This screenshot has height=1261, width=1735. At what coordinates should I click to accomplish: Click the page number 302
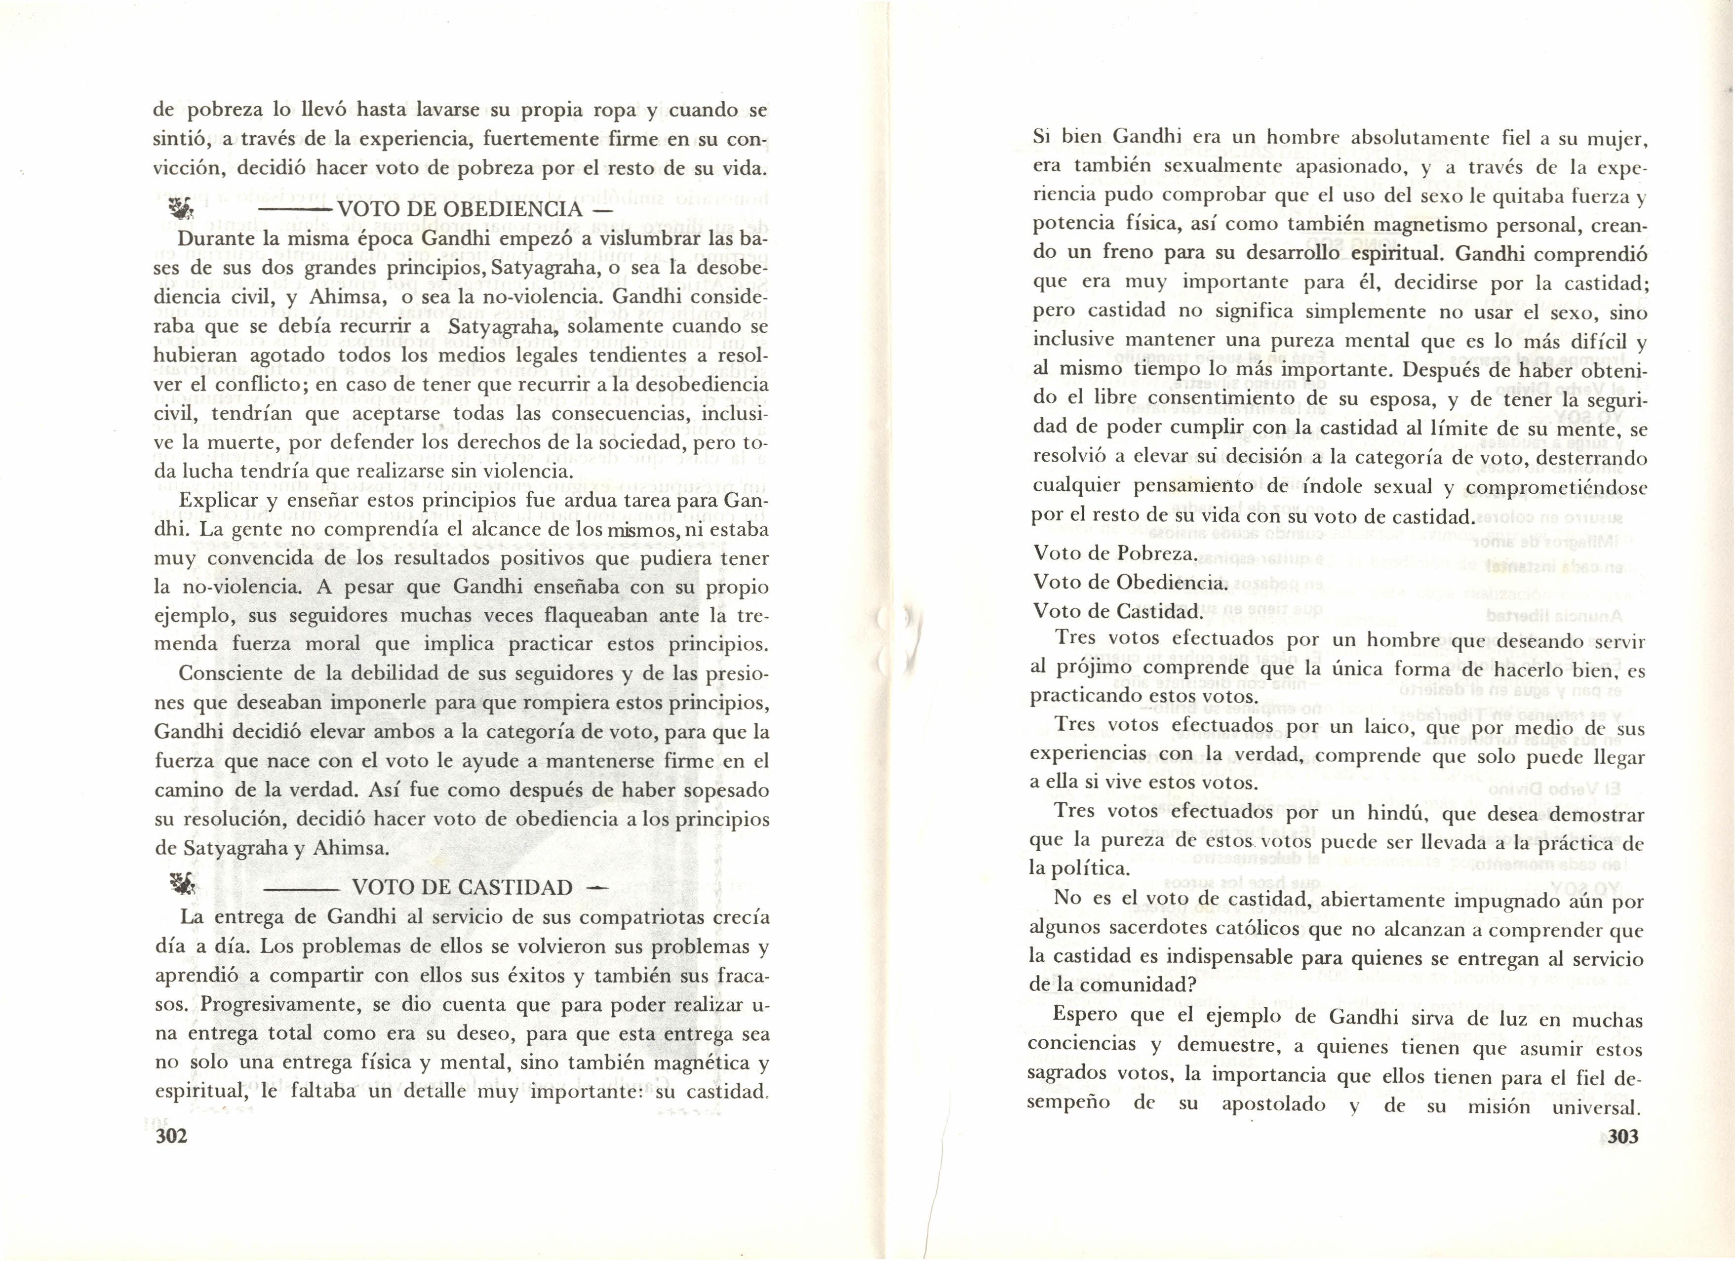(x=171, y=1136)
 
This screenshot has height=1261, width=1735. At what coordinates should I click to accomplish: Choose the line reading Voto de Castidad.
(x=1115, y=611)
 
